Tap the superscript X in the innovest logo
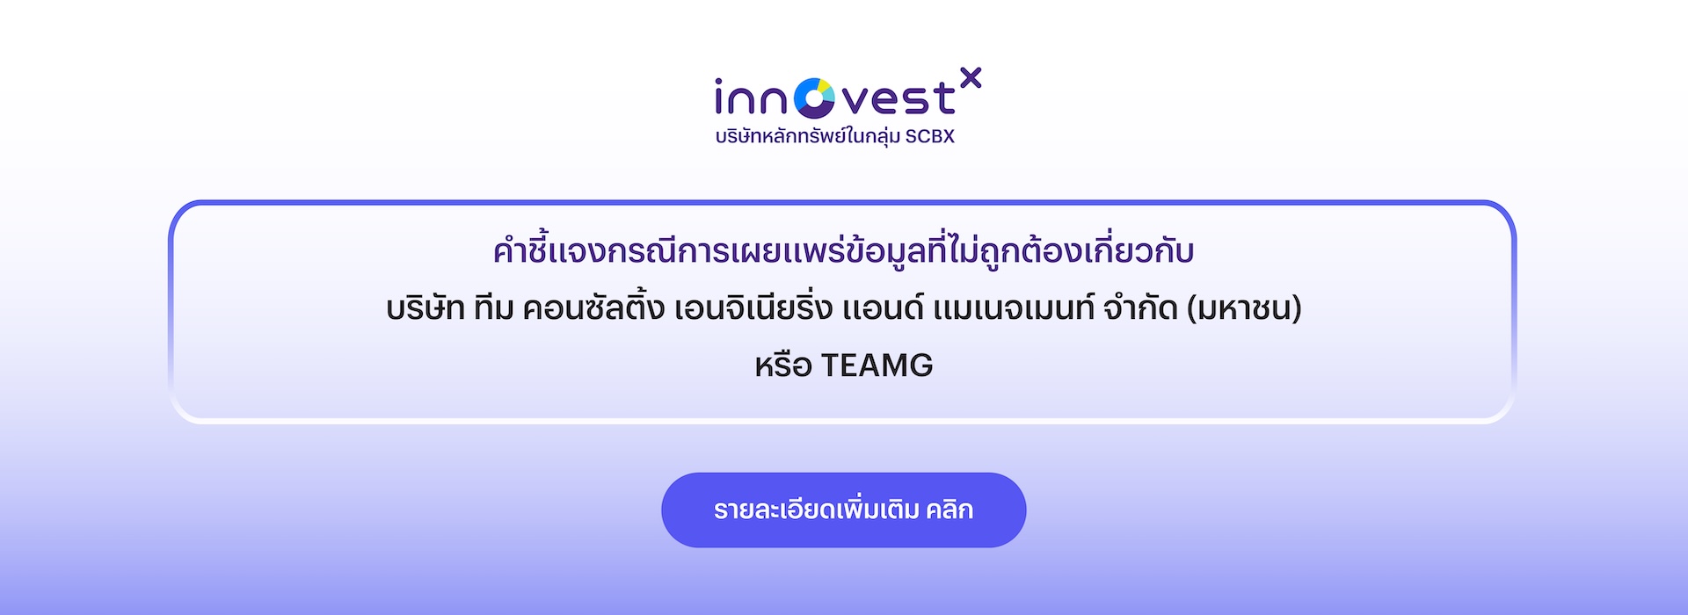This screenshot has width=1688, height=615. coord(971,78)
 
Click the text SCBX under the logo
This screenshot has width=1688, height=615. coord(930,136)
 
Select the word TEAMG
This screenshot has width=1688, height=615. coord(877,365)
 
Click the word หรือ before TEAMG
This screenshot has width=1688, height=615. coord(783,365)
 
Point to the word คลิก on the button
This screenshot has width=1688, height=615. coord(949,510)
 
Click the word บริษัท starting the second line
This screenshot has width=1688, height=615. coord(426,307)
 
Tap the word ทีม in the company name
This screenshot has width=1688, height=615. coord(493,307)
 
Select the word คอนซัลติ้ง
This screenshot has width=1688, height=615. coord(593,307)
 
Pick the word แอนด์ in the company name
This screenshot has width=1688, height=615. coord(883,307)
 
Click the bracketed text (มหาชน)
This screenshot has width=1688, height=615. coord(1244,308)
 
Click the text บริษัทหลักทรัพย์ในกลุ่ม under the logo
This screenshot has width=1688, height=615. coord(808,136)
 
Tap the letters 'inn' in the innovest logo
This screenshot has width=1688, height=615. coord(751,98)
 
